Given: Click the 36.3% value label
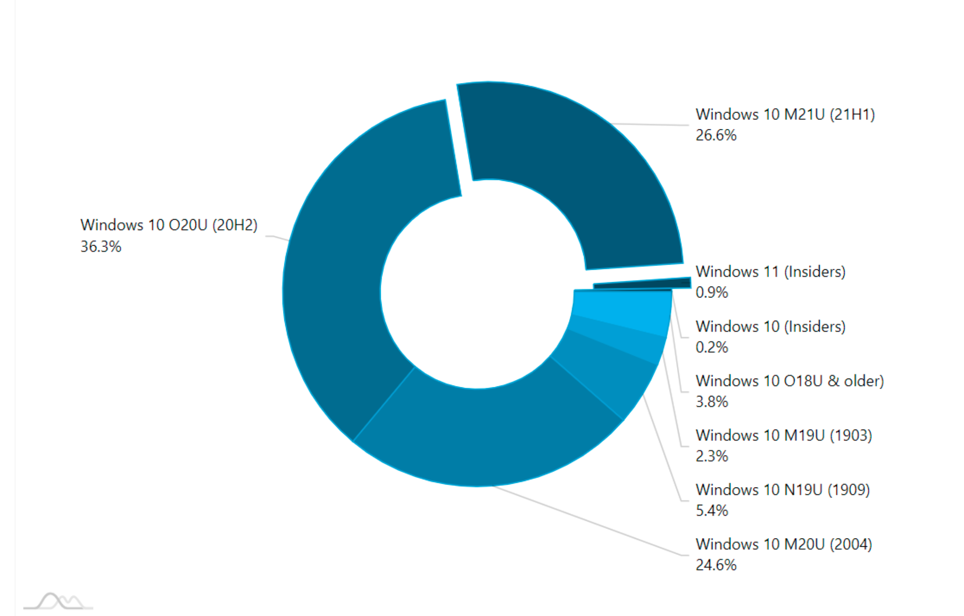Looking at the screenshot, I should pyautogui.click(x=101, y=246).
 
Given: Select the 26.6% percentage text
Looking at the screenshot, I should pyautogui.click(x=716, y=135).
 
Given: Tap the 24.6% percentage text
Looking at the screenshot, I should pyautogui.click(x=716, y=565).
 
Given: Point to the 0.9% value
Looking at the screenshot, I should pyautogui.click(x=712, y=293).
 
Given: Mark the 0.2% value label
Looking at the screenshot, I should pyautogui.click(x=712, y=347).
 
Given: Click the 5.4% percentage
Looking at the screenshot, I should pyautogui.click(x=712, y=511).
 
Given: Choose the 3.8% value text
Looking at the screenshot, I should pyautogui.click(x=712, y=402).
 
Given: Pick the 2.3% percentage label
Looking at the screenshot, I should pyautogui.click(x=712, y=456).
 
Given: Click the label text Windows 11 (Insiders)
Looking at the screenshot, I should pyautogui.click(x=770, y=272).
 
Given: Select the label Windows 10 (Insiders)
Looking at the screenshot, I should pyautogui.click(x=770, y=326).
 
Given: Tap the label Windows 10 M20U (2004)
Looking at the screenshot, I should pyautogui.click(x=784, y=544).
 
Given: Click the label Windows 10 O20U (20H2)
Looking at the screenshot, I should pyautogui.click(x=169, y=225).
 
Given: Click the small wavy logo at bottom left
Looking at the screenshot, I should pyautogui.click(x=58, y=601).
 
